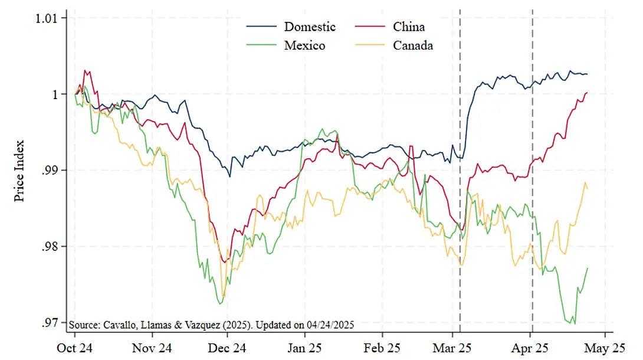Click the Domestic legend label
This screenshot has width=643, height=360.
(x=310, y=27)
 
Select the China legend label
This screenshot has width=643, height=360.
(x=409, y=27)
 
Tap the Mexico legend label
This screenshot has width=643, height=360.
(x=304, y=45)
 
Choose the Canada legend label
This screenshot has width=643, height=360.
(x=413, y=45)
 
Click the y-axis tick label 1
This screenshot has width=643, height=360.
(x=56, y=94)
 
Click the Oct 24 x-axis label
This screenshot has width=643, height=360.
(x=76, y=348)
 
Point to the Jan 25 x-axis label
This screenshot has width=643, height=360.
(x=305, y=348)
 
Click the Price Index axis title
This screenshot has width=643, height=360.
(x=19, y=171)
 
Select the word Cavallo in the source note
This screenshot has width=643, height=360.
(x=117, y=325)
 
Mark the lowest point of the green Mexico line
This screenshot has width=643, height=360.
(x=574, y=323)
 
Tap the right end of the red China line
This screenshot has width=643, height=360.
(x=588, y=93)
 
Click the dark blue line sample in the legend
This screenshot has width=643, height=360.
(x=260, y=27)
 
